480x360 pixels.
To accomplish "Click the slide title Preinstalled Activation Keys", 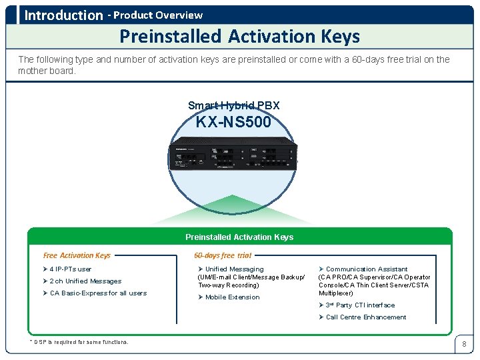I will (x=239, y=37).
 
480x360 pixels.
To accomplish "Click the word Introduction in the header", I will (x=64, y=15).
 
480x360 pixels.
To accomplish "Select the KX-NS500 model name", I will (x=233, y=122).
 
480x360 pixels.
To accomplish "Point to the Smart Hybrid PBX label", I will (x=233, y=106).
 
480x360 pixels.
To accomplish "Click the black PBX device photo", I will (x=233, y=155).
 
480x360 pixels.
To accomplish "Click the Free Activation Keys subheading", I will (x=77, y=255).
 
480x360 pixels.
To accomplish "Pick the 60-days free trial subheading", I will (x=223, y=255).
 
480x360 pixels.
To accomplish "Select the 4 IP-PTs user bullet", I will (x=71, y=269).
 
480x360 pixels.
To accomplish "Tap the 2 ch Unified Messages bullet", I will (x=85, y=281).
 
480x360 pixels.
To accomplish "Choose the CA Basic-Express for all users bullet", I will (x=98, y=293).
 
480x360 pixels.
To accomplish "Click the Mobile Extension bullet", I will (x=232, y=297).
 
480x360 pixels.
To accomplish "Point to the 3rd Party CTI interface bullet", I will (x=360, y=305).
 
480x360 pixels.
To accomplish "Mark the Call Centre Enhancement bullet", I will (x=366, y=317).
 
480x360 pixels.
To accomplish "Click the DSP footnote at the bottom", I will (x=79, y=342).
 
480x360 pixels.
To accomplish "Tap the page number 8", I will (x=464, y=344).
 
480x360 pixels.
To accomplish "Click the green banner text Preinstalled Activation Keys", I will (x=239, y=237).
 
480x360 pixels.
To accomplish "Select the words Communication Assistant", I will (x=367, y=269).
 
